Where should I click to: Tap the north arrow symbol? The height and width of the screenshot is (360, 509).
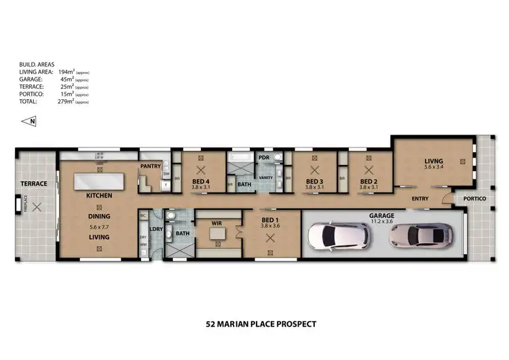29,122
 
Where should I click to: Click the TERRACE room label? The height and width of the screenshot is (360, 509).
33,183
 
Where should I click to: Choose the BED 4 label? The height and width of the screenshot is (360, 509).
200,182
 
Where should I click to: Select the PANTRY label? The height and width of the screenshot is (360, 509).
149,165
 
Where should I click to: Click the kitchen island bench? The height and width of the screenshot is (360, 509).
99,181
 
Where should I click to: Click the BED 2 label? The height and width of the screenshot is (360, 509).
369,182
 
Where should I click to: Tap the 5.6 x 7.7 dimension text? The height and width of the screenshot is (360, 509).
99,226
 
